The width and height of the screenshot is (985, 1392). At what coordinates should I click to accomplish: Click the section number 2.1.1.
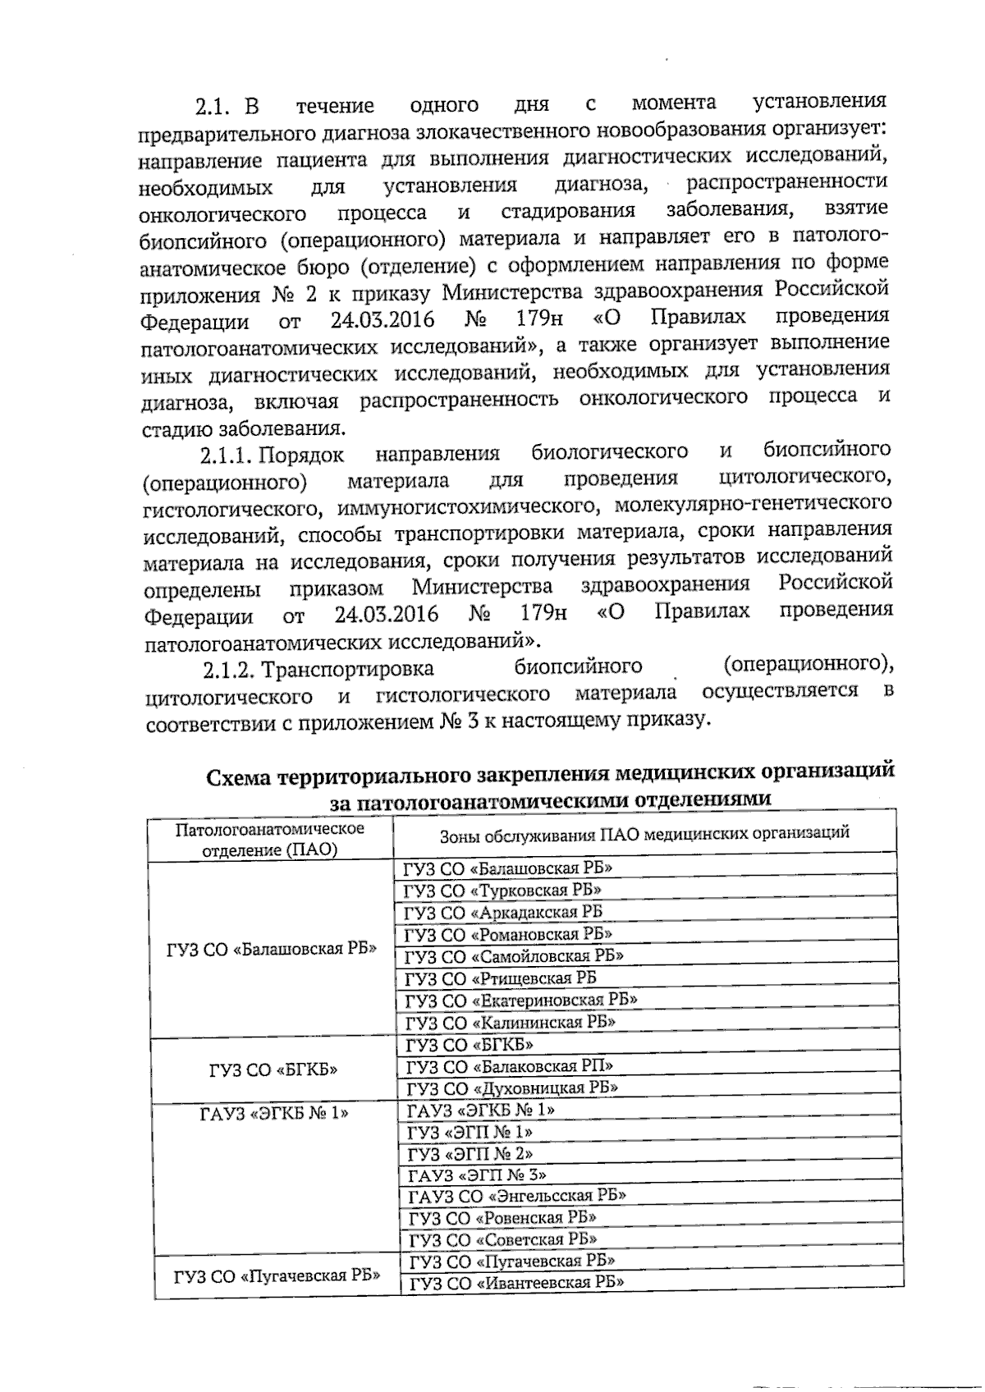point(226,454)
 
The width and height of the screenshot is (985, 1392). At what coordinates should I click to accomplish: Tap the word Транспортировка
point(347,668)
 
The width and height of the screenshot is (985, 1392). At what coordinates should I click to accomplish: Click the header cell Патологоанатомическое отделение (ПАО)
point(270,839)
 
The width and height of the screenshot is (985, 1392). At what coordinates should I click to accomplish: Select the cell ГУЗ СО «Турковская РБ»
point(502,890)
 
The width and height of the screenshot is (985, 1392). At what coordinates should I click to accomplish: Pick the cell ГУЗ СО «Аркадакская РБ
point(502,912)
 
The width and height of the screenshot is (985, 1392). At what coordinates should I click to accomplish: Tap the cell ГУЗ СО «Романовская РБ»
point(507,934)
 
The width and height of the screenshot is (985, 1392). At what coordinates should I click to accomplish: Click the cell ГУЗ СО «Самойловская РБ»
point(513,956)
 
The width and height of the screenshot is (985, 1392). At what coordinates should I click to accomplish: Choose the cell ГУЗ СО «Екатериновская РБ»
point(520,1000)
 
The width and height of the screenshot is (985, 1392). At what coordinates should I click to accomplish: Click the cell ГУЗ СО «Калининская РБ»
point(510,1023)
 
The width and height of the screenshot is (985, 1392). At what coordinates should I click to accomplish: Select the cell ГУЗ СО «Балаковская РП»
point(509,1066)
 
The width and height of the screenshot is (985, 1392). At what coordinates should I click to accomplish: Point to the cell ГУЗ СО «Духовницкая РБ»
point(511,1088)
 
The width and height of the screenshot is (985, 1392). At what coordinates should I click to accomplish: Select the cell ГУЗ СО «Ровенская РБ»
point(502,1217)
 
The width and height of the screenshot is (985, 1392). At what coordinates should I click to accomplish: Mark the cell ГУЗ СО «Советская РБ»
point(502,1239)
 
